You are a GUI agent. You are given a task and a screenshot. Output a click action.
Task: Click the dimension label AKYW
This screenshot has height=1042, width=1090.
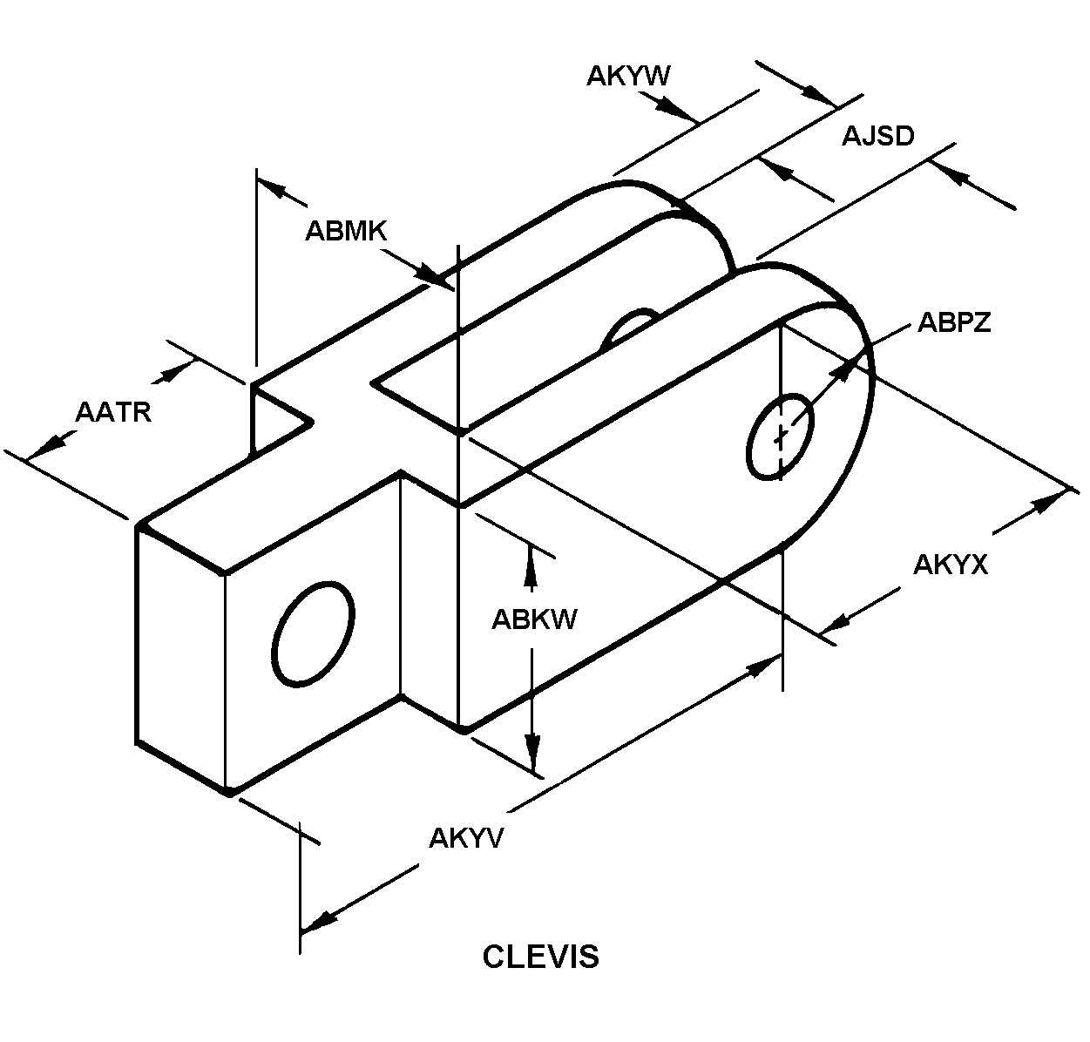(x=628, y=76)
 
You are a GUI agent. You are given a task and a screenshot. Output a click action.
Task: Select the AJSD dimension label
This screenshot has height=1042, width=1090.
(x=877, y=136)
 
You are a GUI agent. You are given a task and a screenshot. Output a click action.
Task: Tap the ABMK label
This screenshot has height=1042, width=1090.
(x=346, y=231)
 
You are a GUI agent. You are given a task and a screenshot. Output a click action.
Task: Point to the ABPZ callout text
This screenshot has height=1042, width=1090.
(x=954, y=322)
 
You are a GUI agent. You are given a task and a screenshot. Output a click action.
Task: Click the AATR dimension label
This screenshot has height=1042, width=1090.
(x=113, y=412)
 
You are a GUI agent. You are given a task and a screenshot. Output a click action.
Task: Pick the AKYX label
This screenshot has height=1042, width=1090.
(x=951, y=565)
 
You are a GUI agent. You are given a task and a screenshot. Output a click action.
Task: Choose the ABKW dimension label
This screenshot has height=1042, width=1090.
(x=534, y=619)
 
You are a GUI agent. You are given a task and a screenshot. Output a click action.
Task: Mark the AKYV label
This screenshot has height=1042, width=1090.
(x=466, y=838)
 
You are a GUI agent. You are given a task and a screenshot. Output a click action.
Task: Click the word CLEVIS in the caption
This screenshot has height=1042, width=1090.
(x=540, y=957)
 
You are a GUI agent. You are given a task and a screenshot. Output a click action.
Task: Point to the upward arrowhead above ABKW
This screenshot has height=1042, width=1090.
(x=531, y=565)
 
